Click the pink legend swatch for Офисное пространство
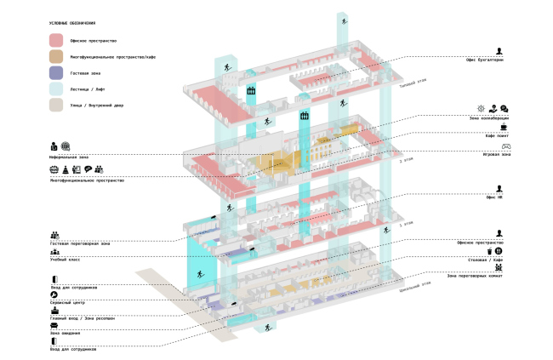pos(56,40)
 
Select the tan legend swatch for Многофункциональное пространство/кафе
pos(56,56)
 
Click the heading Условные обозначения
pos(72,23)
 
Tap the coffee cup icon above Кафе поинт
pos(503,126)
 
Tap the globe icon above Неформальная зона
pos(66,146)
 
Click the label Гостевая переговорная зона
pos(80,243)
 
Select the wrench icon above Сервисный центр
pos(54,294)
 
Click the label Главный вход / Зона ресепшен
pos(81,317)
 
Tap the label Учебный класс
pos(65,260)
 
